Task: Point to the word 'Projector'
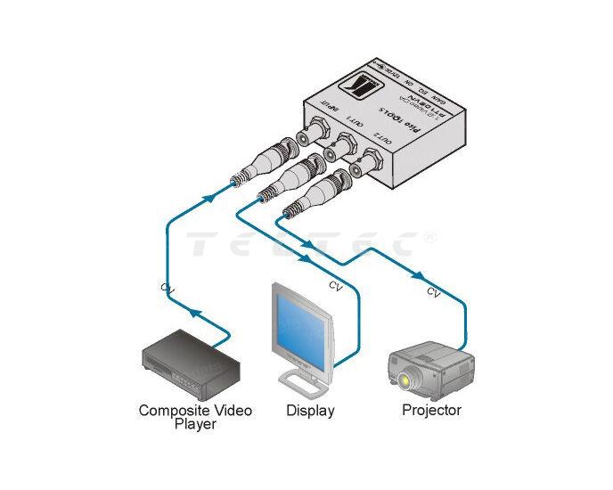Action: pyautogui.click(x=431, y=411)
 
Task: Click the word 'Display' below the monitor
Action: pyautogui.click(x=310, y=411)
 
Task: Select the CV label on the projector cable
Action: pyautogui.click(x=434, y=291)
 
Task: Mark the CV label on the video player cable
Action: pyautogui.click(x=167, y=287)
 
